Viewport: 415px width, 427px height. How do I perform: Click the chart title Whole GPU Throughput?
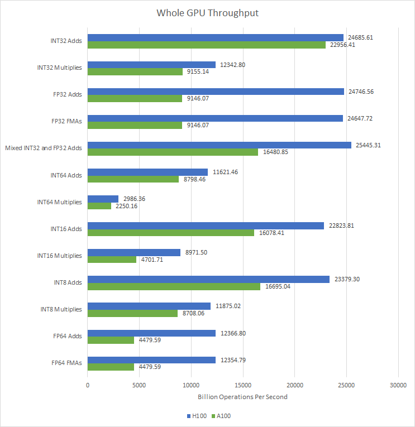coord(207,13)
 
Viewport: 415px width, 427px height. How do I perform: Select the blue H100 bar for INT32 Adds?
coord(215,37)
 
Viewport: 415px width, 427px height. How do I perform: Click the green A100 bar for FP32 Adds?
coord(135,98)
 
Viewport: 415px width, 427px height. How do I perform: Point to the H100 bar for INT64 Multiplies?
coord(103,199)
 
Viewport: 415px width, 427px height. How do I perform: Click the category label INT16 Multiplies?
coord(59,256)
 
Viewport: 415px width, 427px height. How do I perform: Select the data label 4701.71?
coord(153,260)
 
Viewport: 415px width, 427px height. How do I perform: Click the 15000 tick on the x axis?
coord(243,385)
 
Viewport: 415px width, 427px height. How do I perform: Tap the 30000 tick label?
coord(398,385)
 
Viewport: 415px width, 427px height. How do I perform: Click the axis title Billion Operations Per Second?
coord(242,397)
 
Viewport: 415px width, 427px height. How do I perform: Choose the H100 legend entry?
coord(199,416)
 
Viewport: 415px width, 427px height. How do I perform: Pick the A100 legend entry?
coord(222,416)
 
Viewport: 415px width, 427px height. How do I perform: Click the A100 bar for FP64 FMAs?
coord(111,367)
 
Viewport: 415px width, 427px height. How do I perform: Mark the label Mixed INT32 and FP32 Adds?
coord(44,148)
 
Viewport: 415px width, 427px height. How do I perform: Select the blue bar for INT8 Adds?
coord(208,279)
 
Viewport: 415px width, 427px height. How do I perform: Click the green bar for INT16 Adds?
coord(171,233)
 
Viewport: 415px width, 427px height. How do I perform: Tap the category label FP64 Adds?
coord(66,336)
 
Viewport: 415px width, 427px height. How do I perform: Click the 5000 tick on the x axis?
coord(139,385)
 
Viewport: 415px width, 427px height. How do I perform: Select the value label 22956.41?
coord(344,45)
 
